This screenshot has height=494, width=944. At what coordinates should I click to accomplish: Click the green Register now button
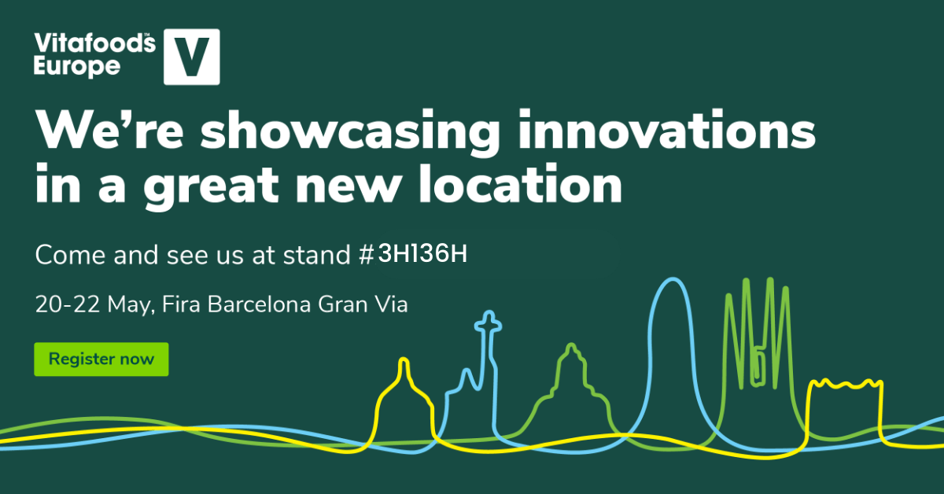[101, 359]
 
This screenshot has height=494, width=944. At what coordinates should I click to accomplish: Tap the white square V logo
[192, 57]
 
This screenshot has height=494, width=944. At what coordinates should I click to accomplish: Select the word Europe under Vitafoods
[77, 67]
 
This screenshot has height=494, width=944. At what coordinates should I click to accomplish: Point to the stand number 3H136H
[422, 254]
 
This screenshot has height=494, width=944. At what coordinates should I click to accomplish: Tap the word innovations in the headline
[667, 128]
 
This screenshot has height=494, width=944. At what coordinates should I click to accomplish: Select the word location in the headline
[521, 184]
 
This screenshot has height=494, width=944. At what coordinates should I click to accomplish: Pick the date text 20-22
[68, 304]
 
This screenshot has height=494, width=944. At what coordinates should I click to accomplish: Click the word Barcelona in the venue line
[259, 304]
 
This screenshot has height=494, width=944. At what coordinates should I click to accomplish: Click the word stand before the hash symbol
[317, 255]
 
